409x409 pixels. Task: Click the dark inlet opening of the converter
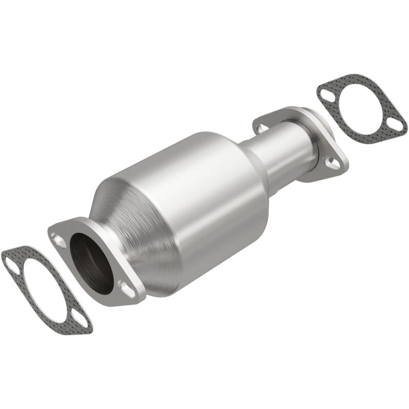92,263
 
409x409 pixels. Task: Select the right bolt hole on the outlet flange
333,163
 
